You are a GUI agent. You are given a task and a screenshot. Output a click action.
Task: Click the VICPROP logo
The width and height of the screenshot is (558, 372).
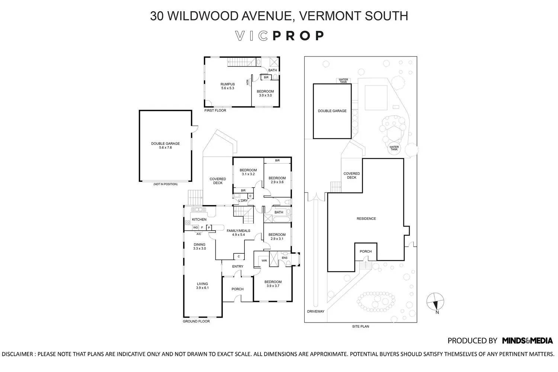coord(280,36)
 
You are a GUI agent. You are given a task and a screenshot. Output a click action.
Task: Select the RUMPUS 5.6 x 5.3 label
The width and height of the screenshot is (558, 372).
coord(228,86)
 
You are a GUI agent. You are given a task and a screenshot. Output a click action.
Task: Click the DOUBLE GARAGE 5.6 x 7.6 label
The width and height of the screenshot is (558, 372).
coord(165,145)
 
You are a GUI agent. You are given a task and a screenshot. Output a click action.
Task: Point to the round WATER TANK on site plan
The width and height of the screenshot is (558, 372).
coord(394,147)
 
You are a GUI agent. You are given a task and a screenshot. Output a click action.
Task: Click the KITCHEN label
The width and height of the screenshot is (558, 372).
coord(199,219)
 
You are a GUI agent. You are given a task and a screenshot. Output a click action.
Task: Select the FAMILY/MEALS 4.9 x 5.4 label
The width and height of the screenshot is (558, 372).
coord(238,232)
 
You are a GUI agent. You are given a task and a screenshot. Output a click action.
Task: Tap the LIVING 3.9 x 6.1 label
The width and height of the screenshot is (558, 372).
coord(202,286)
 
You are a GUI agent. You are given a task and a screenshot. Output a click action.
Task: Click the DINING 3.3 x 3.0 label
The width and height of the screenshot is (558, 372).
coord(199,246)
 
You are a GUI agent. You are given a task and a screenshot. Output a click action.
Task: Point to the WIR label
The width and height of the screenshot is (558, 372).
coord(264,261)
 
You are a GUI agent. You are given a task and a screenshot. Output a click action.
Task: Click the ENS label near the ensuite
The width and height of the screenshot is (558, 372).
coord(285,258)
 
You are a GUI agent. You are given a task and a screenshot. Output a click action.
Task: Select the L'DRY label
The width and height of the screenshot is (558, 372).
coord(243,201)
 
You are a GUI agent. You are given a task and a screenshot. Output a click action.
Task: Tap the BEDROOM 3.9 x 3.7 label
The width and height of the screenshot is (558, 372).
coord(273,284)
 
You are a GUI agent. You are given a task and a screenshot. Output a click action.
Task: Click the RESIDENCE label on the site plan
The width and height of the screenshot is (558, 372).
coord(366,219)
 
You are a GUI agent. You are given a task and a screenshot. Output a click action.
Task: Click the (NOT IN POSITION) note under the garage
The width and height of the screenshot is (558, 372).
coord(165,184)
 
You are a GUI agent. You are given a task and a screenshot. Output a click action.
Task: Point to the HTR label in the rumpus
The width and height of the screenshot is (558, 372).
coord(247,82)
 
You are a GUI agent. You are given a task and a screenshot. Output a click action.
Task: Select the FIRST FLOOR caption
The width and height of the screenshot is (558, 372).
coord(215,110)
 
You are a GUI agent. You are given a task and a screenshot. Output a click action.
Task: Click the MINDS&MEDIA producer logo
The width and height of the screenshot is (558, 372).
coord(527,340)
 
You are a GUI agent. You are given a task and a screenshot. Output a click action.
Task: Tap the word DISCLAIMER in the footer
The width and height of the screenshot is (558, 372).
coord(17,354)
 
